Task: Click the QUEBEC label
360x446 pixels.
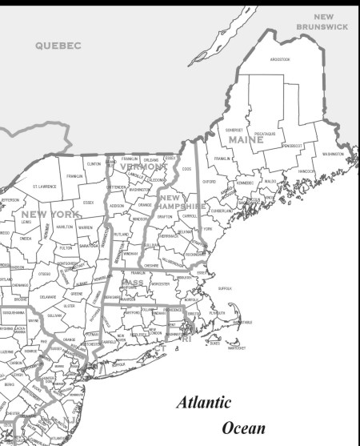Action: pyautogui.click(x=58, y=46)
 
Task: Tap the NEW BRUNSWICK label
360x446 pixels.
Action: pyautogui.click(x=322, y=22)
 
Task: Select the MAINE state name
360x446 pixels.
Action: pyautogui.click(x=246, y=140)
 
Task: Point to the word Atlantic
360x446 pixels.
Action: pyautogui.click(x=204, y=403)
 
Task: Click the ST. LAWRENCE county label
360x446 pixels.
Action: pyautogui.click(x=44, y=186)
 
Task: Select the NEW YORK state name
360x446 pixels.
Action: pyautogui.click(x=47, y=215)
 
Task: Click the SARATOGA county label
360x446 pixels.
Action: pyautogui.click(x=89, y=247)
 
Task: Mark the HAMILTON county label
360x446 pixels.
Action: pyautogui.click(x=65, y=227)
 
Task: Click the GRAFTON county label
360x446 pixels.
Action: pyautogui.click(x=165, y=216)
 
